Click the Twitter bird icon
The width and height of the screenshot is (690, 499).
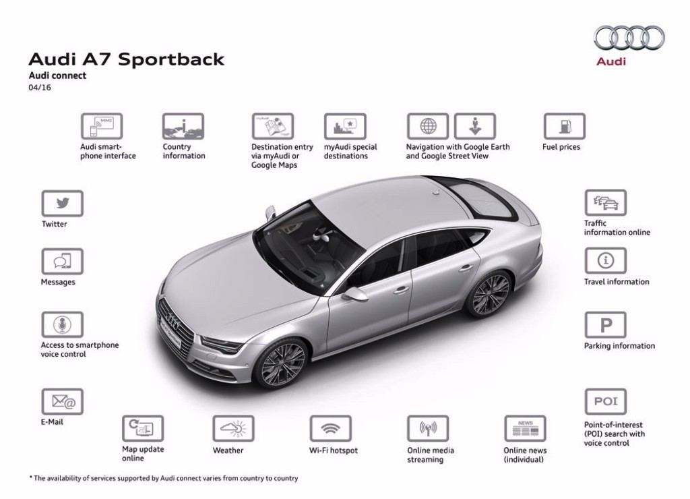63,204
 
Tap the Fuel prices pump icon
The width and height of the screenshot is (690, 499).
565,126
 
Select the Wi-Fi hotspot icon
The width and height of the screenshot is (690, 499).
330,428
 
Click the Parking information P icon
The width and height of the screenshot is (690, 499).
606,325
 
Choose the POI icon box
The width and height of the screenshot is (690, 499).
606,402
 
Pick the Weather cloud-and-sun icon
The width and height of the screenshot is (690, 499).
233,428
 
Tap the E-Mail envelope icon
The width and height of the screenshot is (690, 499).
63,402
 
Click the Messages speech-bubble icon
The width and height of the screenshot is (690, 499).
63,262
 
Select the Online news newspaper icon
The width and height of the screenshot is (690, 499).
525,428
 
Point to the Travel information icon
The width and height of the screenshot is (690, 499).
606,261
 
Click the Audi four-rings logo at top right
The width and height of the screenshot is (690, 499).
629,38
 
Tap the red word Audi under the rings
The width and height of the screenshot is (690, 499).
610,61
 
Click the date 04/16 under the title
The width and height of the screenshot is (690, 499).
40,87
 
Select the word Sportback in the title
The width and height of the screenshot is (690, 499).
171,59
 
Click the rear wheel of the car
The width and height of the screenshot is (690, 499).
489,293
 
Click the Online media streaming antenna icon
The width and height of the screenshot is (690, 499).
428,428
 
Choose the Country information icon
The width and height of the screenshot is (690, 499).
183,126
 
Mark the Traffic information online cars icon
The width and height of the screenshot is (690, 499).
606,203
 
